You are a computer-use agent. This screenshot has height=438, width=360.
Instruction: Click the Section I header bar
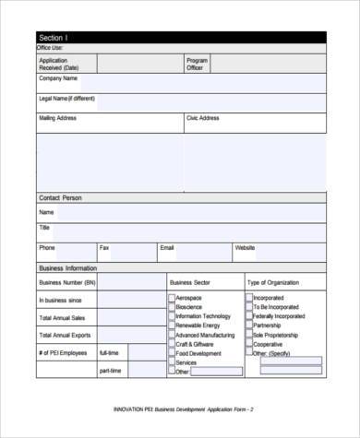coord(180,37)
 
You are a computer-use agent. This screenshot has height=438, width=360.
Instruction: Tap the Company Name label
coord(57,79)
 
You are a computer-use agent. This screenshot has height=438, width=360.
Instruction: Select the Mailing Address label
coord(57,118)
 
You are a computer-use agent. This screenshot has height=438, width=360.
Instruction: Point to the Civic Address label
coord(202,118)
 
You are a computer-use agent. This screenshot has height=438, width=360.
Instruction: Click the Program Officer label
coord(198,64)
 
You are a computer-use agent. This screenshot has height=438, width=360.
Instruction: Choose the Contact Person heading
coord(60,197)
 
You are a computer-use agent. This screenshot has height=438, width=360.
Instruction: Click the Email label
coord(167,247)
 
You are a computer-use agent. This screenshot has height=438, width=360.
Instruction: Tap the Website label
coord(245,247)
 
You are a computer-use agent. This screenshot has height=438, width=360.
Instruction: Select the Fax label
coord(104,247)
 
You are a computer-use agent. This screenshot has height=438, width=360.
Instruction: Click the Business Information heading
coord(67,267)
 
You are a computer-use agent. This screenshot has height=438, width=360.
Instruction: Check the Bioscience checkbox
coord(171,307)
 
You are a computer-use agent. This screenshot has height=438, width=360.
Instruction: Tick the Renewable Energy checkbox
coord(171,326)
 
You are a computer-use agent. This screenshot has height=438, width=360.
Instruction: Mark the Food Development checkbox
coord(171,352)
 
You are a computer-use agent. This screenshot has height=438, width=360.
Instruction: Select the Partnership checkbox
coord(248,326)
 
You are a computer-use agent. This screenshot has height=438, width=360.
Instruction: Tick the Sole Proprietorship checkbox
coord(248,335)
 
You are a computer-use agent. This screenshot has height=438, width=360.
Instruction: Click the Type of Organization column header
coord(275,281)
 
